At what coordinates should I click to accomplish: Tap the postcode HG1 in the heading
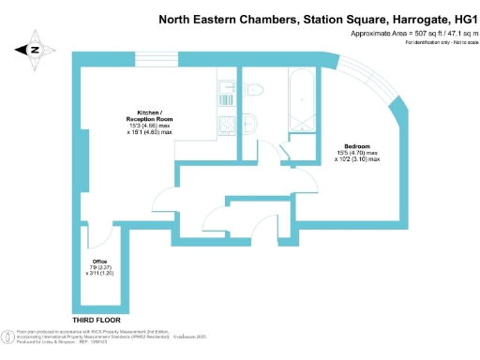click(x=456, y=17)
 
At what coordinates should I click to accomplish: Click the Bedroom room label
click(x=357, y=147)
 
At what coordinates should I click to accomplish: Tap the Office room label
click(x=98, y=261)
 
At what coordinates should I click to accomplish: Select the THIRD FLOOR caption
click(x=97, y=320)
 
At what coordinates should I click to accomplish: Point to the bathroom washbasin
click(x=253, y=122)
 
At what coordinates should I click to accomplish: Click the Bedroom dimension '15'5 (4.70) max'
click(x=357, y=154)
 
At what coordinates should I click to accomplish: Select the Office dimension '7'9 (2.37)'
click(x=98, y=267)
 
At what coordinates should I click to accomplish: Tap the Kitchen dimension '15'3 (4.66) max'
click(x=150, y=126)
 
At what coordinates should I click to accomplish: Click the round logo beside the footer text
click(x=7, y=337)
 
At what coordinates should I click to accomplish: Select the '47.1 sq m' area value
click(x=451, y=34)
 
